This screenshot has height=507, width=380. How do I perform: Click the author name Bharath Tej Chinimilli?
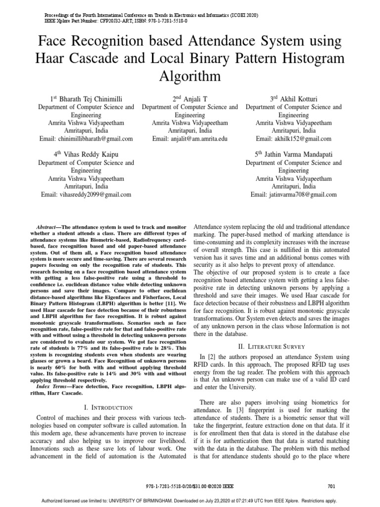coord(91,99)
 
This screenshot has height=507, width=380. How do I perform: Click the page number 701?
coord(332,487)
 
